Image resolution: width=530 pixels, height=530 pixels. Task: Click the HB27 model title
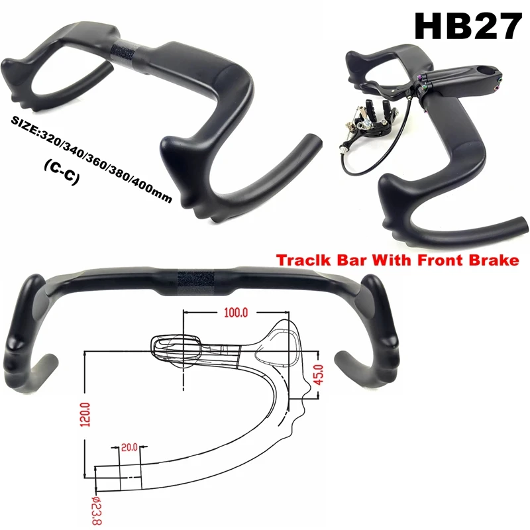pyautogui.click(x=465, y=26)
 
